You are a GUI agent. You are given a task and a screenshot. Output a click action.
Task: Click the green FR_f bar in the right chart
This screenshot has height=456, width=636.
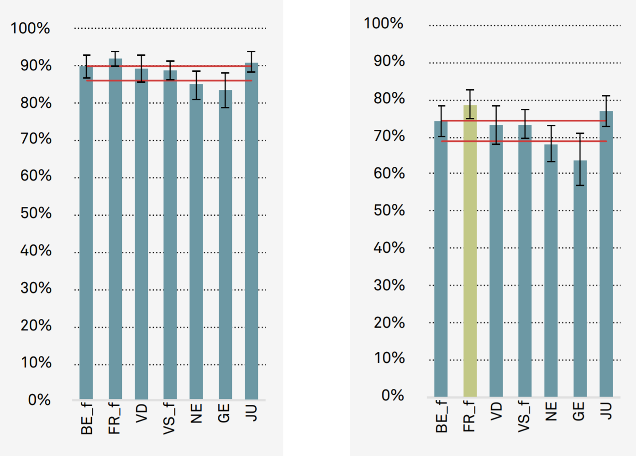coord(470,251)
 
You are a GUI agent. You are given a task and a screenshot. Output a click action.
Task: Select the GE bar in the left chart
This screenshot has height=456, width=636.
coord(225,247)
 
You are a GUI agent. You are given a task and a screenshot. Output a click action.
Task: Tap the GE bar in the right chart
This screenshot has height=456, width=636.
coord(580,279)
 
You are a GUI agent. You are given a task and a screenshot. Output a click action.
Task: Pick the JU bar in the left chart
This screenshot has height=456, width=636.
coord(251,233)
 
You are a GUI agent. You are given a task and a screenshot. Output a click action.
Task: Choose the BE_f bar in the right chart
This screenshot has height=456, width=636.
coord(441,260)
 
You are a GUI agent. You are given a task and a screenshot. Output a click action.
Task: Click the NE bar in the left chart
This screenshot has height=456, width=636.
coord(196,242)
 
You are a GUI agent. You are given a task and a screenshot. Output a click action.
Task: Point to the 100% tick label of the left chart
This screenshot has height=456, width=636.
coord(30,28)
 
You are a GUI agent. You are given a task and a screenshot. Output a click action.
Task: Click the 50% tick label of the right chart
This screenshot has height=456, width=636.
coord(389,211)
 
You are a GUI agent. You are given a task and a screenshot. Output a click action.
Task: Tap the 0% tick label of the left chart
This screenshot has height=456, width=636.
coord(39,400)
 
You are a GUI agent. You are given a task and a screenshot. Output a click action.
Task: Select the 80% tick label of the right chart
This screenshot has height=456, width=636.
coord(389,98)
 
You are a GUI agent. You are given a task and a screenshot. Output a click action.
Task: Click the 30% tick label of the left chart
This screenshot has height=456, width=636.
coord(36,288)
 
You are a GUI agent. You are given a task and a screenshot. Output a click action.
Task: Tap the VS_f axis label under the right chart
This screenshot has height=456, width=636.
coord(524,416)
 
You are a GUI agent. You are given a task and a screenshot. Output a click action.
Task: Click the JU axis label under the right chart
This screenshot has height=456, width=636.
coord(606,411)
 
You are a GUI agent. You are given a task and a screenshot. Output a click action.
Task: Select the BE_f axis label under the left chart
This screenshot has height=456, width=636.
coord(87,418)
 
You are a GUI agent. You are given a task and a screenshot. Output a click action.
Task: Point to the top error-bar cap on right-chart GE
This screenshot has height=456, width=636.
coord(580,133)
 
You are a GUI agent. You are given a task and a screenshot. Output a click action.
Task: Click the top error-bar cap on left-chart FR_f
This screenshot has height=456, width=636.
coord(115,52)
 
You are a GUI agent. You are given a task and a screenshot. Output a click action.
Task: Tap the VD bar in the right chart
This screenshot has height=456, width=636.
coord(496,260)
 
